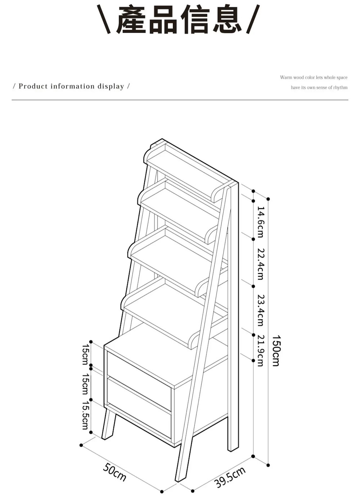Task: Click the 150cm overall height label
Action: (x=275, y=351)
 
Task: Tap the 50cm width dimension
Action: (x=115, y=472)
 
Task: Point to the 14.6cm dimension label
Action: (x=260, y=222)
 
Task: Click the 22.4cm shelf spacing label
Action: (x=260, y=264)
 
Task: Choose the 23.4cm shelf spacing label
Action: (x=260, y=310)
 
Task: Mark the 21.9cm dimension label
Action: (x=260, y=351)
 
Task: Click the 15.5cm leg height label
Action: (x=85, y=416)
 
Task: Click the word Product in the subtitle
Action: (x=33, y=86)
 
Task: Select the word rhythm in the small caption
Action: (x=341, y=88)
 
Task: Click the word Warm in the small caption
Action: (x=286, y=77)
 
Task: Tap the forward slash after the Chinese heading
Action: (x=253, y=20)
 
